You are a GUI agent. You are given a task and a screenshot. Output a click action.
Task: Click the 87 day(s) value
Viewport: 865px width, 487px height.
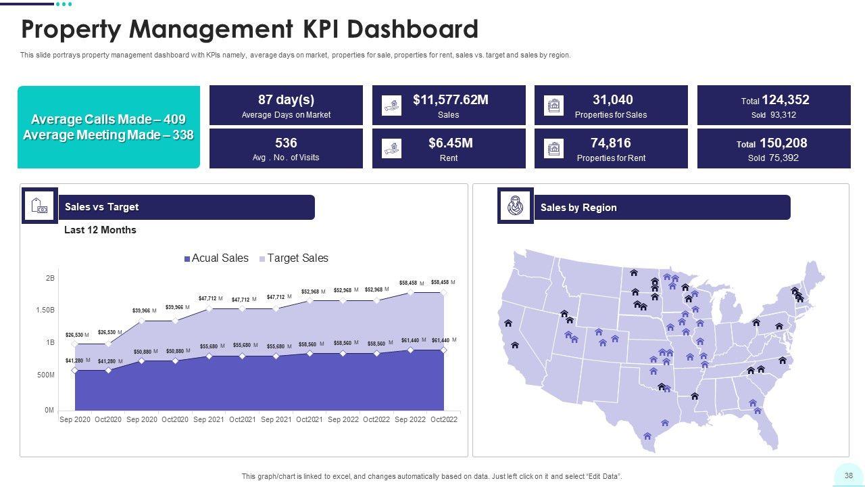(286, 100)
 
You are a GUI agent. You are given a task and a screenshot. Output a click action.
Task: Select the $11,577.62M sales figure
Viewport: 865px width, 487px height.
(450, 100)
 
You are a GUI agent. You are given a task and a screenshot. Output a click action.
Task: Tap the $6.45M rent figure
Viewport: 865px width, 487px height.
(450, 143)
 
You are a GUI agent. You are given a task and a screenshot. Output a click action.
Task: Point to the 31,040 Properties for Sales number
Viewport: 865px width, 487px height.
(612, 100)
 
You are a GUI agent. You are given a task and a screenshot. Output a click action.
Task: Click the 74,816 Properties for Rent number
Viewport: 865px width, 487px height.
(610, 143)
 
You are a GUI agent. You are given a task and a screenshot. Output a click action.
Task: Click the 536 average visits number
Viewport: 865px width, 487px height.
(286, 143)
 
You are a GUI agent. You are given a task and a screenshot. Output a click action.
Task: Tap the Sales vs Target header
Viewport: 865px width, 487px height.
(101, 207)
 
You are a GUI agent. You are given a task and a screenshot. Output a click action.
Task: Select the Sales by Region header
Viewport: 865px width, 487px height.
(578, 208)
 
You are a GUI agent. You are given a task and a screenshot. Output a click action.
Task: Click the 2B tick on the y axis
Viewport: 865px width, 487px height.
(51, 278)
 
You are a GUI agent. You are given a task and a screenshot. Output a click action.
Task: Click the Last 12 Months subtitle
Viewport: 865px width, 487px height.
(100, 230)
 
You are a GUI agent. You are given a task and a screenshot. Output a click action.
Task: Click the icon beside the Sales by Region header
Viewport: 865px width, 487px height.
(516, 206)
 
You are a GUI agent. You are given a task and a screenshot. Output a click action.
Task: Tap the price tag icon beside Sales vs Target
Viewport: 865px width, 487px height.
(39, 206)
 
